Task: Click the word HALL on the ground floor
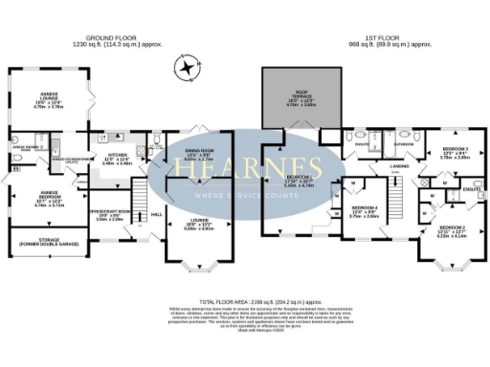[x=158, y=215]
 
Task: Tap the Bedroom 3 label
[x=455, y=155]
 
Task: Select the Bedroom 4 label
[x=364, y=212]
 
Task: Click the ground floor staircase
[x=139, y=204]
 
